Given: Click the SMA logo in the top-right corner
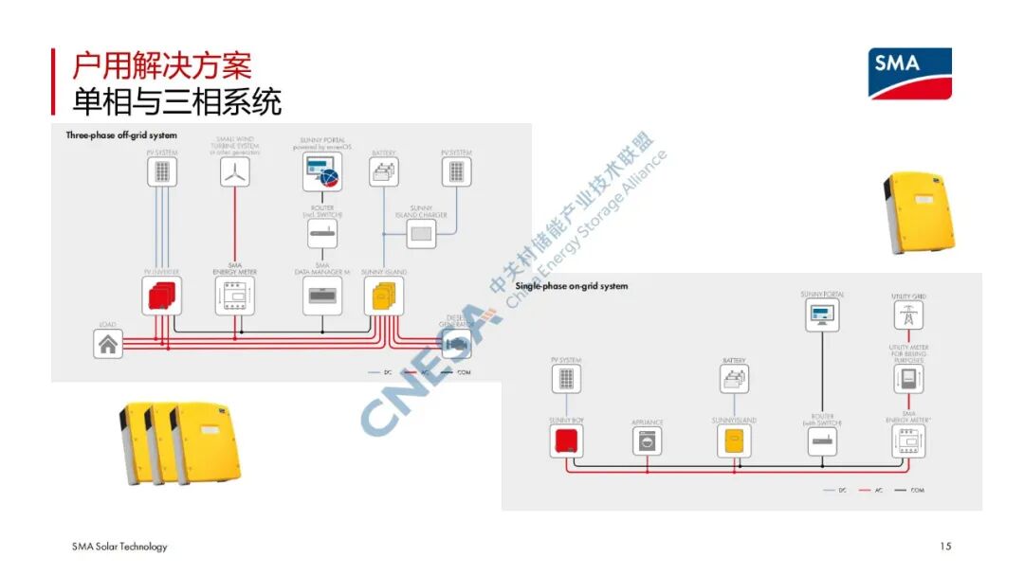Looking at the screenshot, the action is point(910,74).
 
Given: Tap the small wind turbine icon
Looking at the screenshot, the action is point(235,171).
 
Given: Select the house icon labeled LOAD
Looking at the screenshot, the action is point(108,345).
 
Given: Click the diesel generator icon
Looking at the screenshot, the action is point(456,344).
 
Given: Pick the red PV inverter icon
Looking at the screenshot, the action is point(162,297).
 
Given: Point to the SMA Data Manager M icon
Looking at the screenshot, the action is point(322,296).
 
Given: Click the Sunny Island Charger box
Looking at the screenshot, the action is point(421,233).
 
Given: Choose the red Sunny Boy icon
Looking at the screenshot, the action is point(566,440).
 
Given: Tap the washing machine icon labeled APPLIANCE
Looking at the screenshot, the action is point(648,441).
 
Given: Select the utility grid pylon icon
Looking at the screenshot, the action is point(908,315).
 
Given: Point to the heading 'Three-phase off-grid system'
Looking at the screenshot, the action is point(121,135).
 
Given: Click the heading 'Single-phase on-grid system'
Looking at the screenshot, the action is point(572,286).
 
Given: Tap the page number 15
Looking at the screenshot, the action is point(945,547).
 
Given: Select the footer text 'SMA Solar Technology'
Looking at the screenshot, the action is point(119,547).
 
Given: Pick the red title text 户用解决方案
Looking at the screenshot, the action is point(162,66).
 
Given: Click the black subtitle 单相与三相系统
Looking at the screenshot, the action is point(176,99).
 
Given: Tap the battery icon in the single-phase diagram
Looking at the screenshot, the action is point(735,380).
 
